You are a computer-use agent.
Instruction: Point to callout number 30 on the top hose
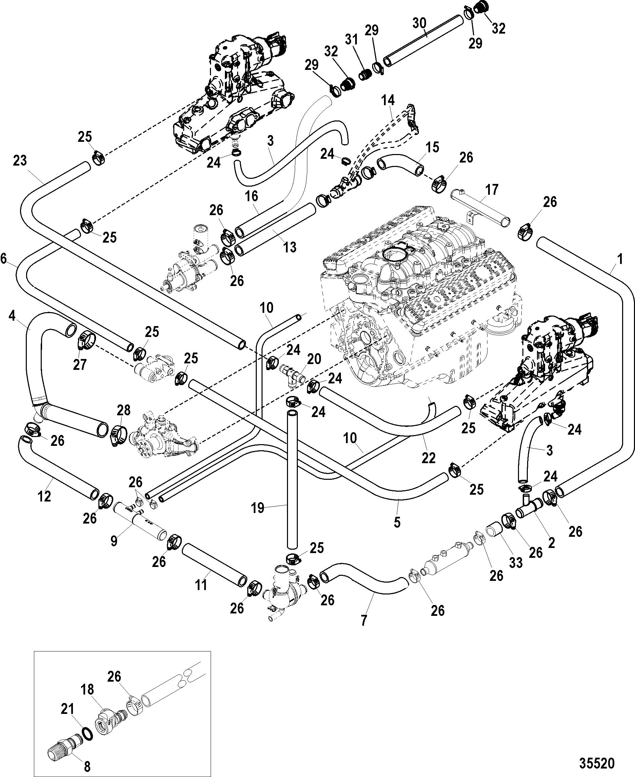pos(420,23)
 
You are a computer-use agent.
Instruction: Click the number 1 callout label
pos(620,259)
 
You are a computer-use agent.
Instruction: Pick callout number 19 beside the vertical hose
pos(258,508)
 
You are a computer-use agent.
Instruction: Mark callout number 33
pos(516,562)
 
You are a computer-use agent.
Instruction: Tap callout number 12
pos(44,496)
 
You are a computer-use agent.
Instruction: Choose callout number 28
pos(123,410)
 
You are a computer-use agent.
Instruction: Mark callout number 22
pos(428,458)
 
